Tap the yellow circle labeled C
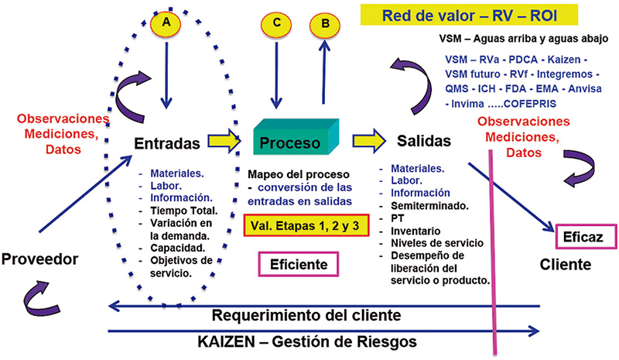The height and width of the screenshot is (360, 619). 276,23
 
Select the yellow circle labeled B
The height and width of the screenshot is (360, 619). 324,23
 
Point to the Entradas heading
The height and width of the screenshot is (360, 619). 168,143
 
